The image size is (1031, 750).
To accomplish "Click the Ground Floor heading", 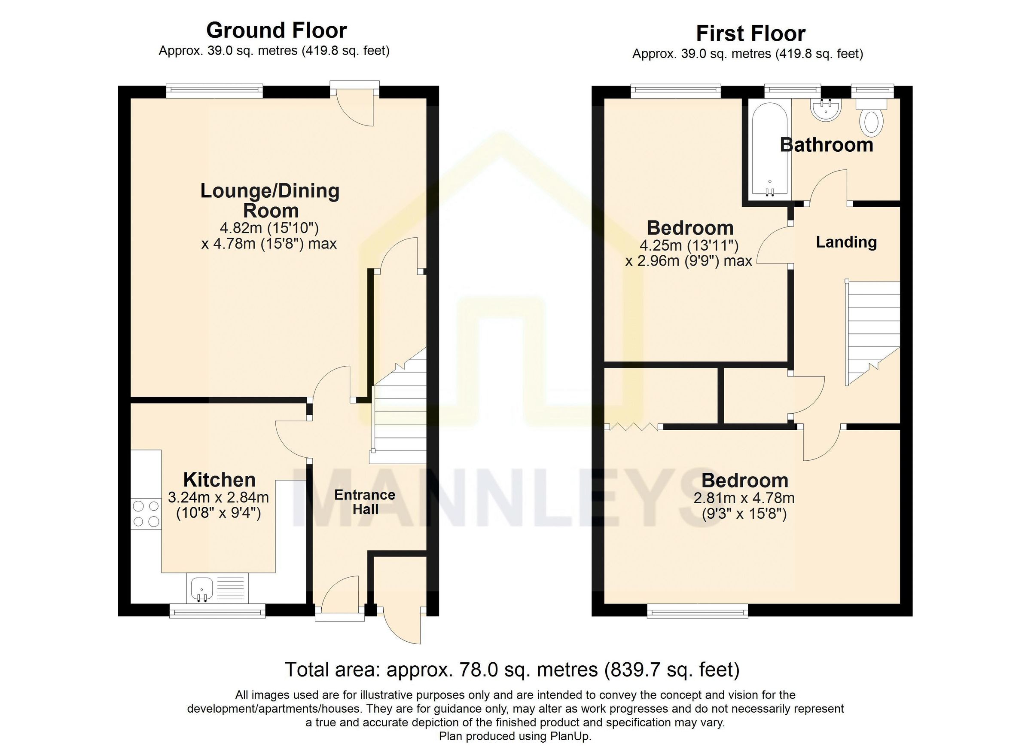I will tap(276, 31).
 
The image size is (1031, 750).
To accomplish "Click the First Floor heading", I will tap(750, 34).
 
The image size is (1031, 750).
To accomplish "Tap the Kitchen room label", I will tap(219, 480).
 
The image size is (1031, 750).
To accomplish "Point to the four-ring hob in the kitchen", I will tap(146, 514).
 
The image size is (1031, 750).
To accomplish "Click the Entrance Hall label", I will tap(365, 502).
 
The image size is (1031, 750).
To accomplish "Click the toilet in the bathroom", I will tap(871, 118).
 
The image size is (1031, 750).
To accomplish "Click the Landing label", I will tap(846, 242).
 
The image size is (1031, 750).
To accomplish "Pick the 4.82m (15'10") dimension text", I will tap(270, 227).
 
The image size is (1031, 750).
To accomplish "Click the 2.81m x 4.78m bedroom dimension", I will tap(744, 498).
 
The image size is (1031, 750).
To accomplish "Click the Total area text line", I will tap(512, 670).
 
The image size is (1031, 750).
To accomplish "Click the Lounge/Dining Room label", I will tap(270, 201).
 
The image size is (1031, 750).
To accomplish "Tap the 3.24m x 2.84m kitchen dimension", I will tap(218, 498).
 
